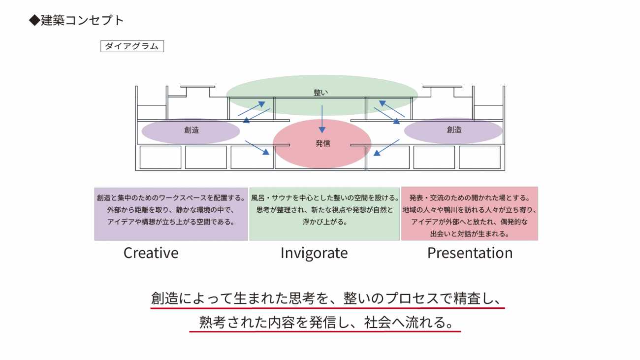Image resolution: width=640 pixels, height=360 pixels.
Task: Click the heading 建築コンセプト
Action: pos(82,20)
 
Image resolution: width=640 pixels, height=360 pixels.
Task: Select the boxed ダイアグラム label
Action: pos(132,46)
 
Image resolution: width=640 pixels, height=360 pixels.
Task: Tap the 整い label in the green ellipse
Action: pos(320,92)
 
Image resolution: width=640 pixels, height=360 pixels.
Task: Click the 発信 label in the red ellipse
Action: pos(322,144)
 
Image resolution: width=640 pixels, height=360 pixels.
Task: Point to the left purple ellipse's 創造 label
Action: pos(192,130)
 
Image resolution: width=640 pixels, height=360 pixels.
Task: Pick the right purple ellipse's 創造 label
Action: pos(454,130)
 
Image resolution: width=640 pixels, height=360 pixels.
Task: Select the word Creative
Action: pos(151,253)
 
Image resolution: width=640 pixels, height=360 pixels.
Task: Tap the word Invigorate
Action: pos(314,253)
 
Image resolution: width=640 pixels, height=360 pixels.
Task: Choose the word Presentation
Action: pos(470,253)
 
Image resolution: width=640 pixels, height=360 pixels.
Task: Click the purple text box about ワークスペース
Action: pos(171,213)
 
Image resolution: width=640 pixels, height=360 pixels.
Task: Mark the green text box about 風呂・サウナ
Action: pos(324,213)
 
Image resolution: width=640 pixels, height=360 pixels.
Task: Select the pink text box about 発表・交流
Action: pos(469,213)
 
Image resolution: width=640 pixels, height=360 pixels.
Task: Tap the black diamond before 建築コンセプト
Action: pos(34,20)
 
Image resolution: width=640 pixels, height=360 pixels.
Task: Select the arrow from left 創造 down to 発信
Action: pos(257,148)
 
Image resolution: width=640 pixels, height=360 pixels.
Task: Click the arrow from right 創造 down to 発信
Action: pos(386,148)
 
